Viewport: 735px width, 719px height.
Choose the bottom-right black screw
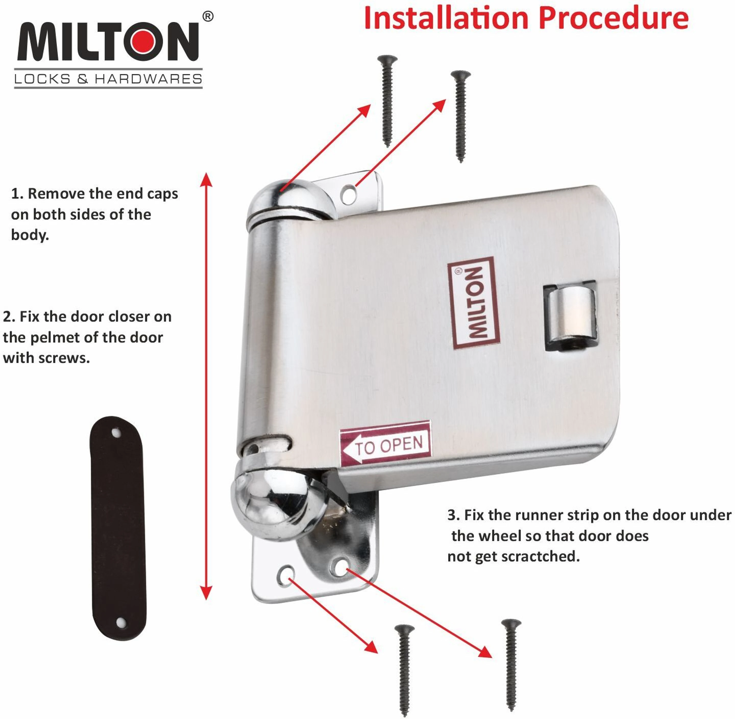pos(511,665)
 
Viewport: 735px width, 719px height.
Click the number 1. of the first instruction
pos(17,194)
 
